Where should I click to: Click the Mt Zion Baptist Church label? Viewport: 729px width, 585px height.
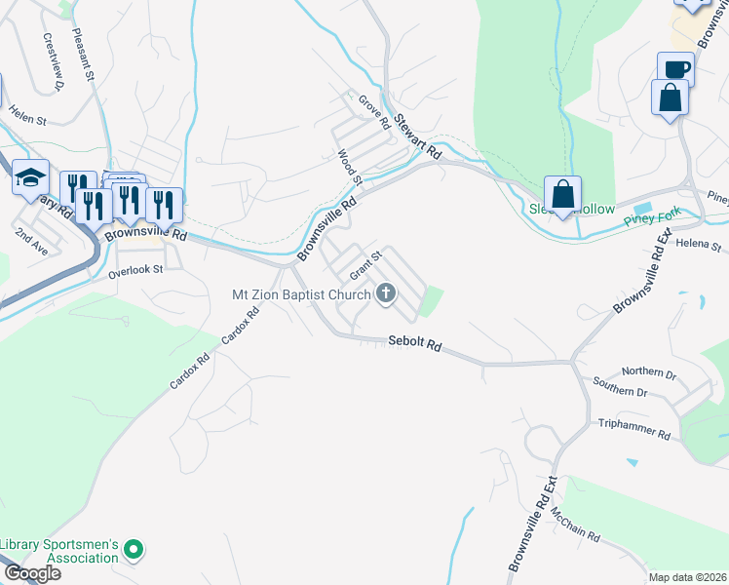301,293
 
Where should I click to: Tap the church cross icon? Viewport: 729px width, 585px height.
386,292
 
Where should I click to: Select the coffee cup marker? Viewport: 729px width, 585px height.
675,69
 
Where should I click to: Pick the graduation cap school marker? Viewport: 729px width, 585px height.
30,177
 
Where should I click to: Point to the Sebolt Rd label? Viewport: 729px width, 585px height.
415,344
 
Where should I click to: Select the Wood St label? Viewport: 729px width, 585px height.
349,167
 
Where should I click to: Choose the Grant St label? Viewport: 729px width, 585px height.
364,263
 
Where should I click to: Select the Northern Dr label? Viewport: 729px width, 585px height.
648,372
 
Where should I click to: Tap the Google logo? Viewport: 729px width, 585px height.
31,573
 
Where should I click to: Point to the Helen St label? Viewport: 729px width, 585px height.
27,120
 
